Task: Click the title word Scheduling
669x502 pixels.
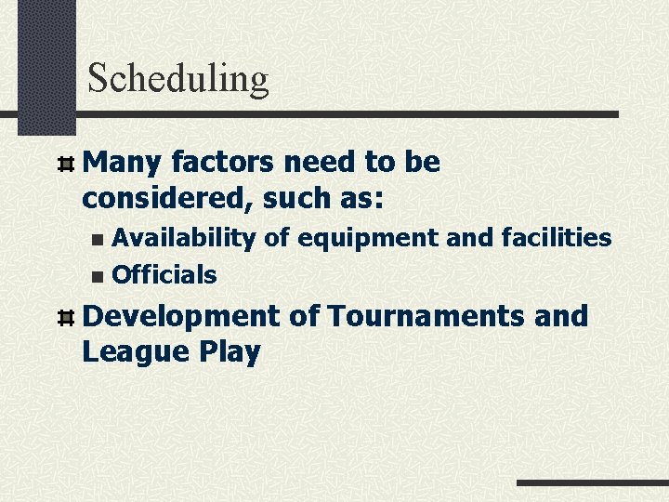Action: pyautogui.click(x=177, y=80)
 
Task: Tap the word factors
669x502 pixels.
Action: pyautogui.click(x=222, y=163)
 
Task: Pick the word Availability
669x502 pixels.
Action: pyautogui.click(x=184, y=238)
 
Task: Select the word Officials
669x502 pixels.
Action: pyautogui.click(x=164, y=275)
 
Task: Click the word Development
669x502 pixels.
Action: pyautogui.click(x=180, y=317)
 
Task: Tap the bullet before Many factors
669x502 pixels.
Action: pyautogui.click(x=65, y=165)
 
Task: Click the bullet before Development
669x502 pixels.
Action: pyautogui.click(x=65, y=318)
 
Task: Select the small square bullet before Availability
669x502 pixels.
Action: pyautogui.click(x=98, y=240)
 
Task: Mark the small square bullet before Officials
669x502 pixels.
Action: pyautogui.click(x=98, y=276)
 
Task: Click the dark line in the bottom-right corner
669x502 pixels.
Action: pyautogui.click(x=592, y=483)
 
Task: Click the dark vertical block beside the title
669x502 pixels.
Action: pyautogui.click(x=46, y=65)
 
